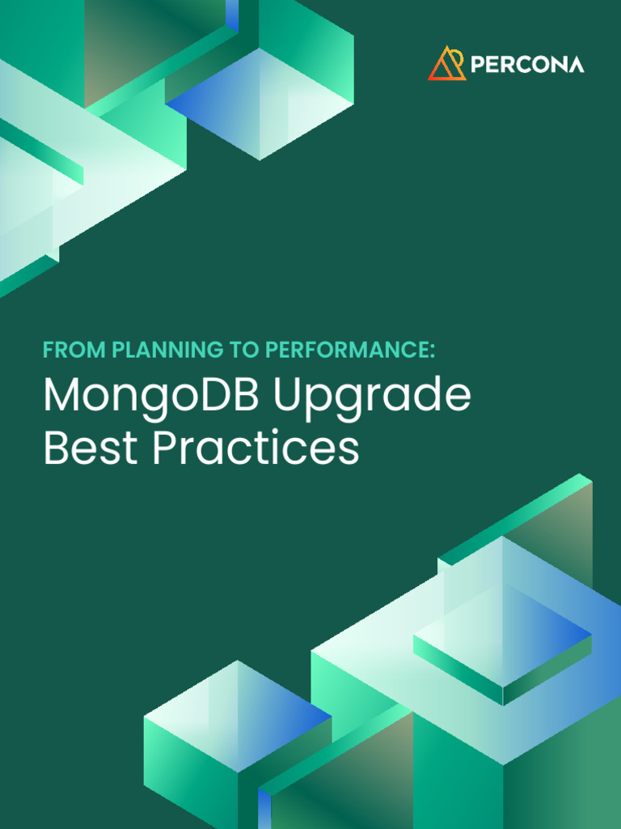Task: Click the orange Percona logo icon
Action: click(x=447, y=63)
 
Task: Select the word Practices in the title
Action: click(x=256, y=448)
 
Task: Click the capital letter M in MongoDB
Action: click(x=62, y=396)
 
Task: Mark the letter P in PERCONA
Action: click(x=477, y=65)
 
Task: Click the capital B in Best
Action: click(x=54, y=448)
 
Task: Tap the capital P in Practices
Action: click(x=163, y=448)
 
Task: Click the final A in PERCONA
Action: click(x=575, y=65)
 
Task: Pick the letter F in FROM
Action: click(x=48, y=351)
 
